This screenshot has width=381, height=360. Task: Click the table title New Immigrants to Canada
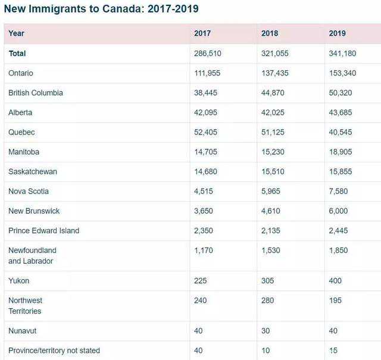coord(101,9)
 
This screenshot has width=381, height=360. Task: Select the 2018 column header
coord(270,33)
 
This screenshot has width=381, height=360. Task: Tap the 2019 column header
coord(337,33)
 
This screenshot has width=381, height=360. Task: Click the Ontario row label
coord(21,73)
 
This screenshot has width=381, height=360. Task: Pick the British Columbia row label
coord(36,93)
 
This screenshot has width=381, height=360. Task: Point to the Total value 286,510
coord(208,54)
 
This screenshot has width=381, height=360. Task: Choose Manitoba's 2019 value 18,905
coord(341,152)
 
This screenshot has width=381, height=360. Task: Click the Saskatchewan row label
coord(33,171)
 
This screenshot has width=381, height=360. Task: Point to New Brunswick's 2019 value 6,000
coord(339,211)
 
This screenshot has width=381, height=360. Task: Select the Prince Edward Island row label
coord(44,230)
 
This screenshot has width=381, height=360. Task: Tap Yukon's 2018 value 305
coord(268,280)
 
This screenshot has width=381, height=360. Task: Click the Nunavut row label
coord(22,330)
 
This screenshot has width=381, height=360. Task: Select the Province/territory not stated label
coord(54,350)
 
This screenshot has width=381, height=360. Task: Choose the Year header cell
coord(16,33)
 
